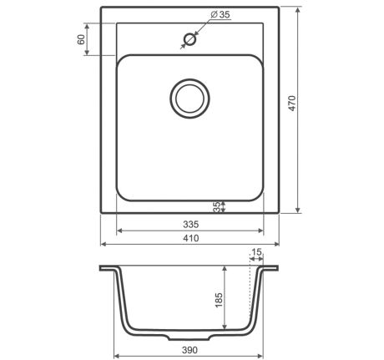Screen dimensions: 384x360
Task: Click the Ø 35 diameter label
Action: pos(220,14)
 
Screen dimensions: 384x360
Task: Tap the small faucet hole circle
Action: pos(190,39)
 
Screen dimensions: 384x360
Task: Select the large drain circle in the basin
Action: pos(189,99)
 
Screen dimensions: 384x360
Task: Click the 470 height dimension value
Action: pos(292,104)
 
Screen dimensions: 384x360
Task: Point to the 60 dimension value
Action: pos(81,39)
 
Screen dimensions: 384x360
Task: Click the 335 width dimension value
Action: pos(191,224)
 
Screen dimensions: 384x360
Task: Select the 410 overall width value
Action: pos(191,238)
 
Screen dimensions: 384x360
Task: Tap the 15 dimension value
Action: pos(256,252)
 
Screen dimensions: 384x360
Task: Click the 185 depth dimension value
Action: pos(219,300)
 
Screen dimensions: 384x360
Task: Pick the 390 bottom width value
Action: pos(189,350)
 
